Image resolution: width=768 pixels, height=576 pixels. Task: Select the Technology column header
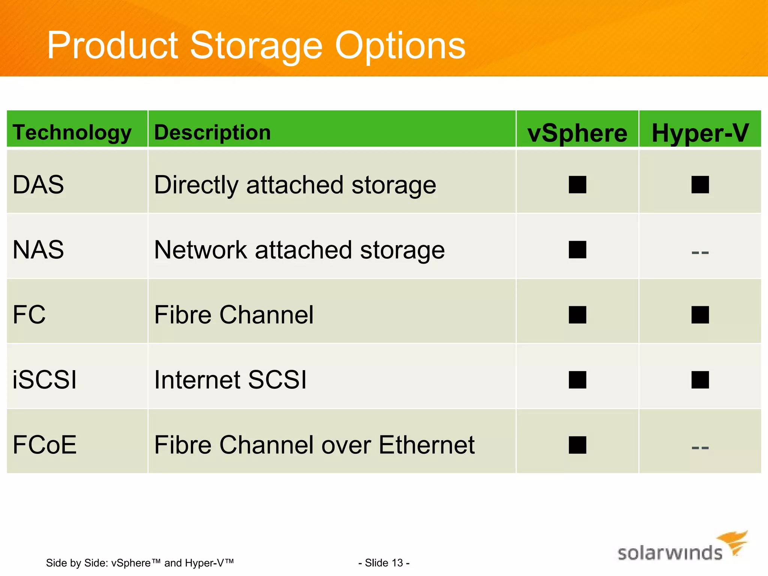tap(72, 132)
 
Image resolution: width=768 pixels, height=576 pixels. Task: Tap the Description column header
tap(212, 132)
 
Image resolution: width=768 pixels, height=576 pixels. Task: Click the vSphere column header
tap(577, 133)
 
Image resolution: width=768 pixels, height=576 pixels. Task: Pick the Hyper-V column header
tap(700, 133)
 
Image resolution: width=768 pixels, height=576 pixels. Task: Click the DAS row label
tap(38, 184)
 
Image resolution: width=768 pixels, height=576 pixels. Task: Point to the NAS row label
tap(38, 250)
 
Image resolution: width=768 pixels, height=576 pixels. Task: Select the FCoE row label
tap(45, 445)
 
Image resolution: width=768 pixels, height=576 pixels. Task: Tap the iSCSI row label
tap(45, 379)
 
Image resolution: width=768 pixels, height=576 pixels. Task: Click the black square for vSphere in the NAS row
tap(577, 250)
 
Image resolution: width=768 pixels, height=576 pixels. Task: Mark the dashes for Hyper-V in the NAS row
tap(700, 252)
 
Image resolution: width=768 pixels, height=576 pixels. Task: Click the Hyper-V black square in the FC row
tap(700, 315)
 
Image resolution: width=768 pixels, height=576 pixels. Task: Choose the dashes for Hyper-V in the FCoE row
tap(700, 447)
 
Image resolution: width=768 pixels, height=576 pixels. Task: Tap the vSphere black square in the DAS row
tap(577, 184)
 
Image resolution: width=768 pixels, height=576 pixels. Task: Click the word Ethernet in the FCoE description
tap(426, 445)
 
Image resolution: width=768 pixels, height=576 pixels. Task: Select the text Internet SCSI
tap(230, 379)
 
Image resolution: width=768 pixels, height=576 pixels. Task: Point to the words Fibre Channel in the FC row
tap(234, 315)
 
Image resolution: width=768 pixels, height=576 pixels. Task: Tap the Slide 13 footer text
tap(384, 563)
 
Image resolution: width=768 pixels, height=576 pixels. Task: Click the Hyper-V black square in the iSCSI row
tap(700, 379)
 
